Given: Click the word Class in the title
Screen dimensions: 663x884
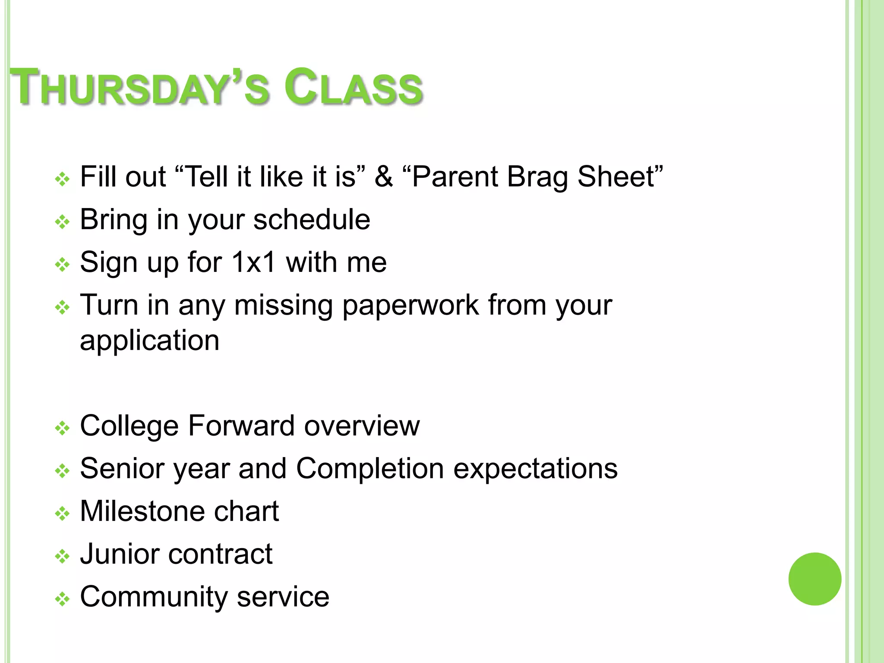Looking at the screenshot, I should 353,88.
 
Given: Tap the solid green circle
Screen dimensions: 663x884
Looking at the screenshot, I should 815,579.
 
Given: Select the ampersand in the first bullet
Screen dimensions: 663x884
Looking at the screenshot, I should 383,177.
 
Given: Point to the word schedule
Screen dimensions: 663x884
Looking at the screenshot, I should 311,220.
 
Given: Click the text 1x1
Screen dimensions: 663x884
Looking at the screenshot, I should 253,262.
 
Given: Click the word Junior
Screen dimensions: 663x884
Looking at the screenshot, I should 120,554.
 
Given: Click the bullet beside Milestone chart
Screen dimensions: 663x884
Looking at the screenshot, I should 63,514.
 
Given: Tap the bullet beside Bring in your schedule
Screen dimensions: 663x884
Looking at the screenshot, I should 63,222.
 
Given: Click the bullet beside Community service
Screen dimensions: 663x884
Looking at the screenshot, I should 63,599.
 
